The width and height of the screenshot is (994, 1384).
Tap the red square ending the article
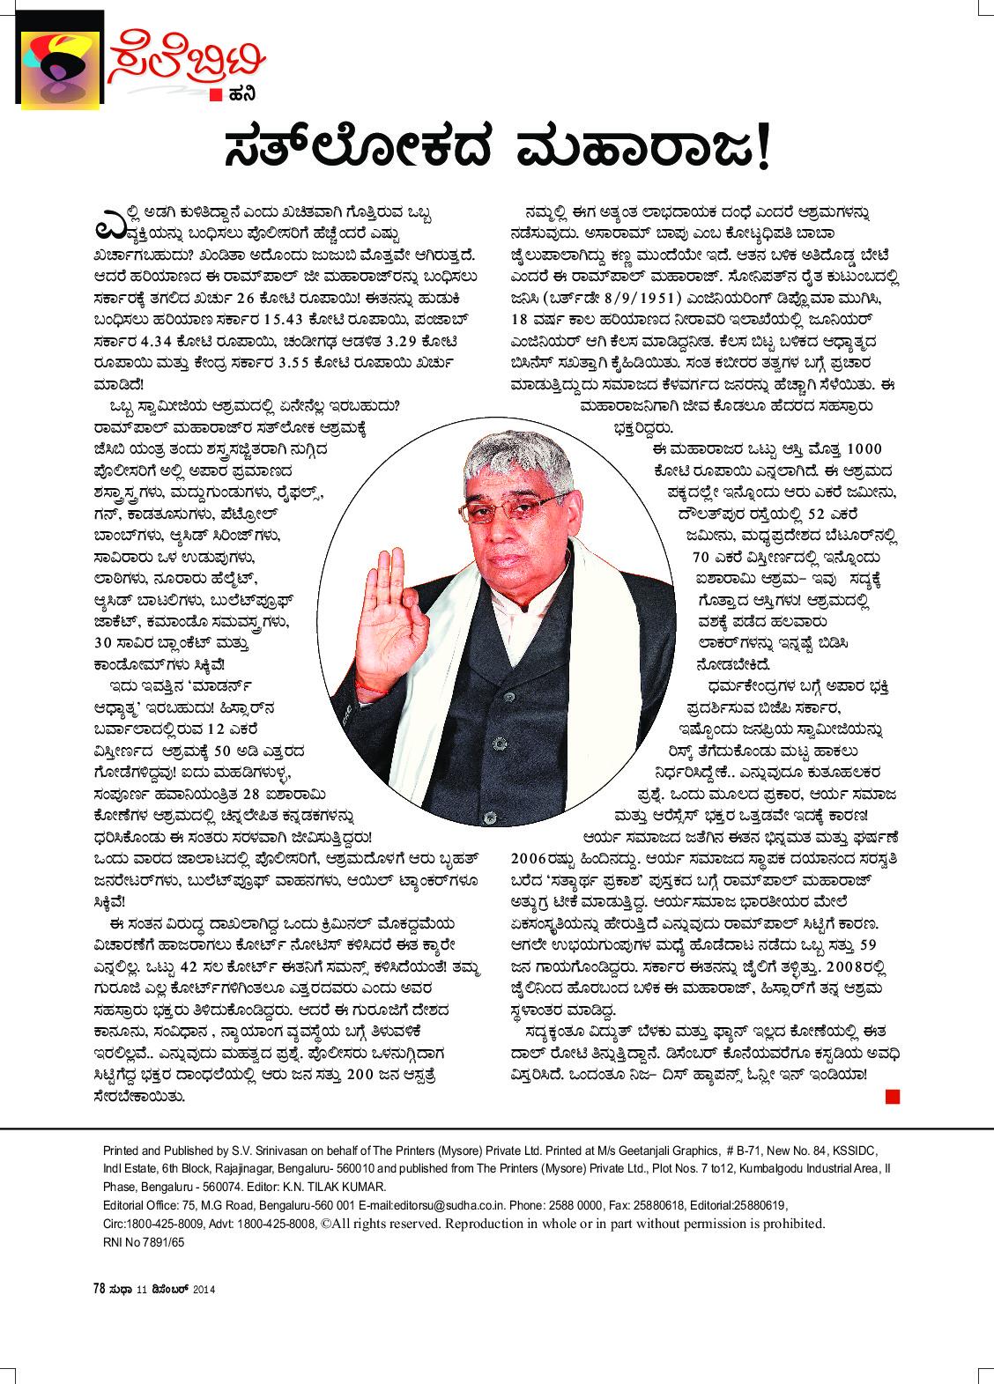(x=893, y=1096)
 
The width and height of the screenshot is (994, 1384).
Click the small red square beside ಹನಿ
(x=216, y=96)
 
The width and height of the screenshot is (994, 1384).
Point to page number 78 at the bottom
(x=100, y=1289)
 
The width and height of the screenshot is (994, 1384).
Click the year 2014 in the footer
(x=204, y=1290)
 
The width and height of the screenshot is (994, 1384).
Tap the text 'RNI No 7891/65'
(x=144, y=1242)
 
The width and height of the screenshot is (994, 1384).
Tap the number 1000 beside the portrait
(x=864, y=448)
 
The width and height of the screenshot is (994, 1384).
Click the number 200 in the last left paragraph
(x=360, y=1075)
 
